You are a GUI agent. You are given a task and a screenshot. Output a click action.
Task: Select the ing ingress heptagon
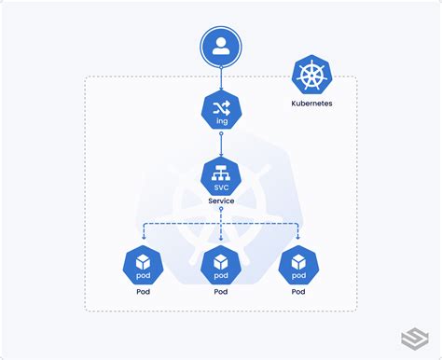[x=221, y=112]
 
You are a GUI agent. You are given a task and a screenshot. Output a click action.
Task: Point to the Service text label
[x=221, y=201]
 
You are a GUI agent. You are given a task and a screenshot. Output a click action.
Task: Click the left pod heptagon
[x=143, y=264]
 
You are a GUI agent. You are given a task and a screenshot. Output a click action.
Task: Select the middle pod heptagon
[x=221, y=264]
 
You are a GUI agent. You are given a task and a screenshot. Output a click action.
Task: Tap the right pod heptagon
[x=298, y=264]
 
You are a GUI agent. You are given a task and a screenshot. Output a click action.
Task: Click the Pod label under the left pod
[x=143, y=292]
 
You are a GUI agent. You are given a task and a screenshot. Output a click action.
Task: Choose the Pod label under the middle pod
[x=221, y=292]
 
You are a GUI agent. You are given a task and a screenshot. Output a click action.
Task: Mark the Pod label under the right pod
[x=298, y=292]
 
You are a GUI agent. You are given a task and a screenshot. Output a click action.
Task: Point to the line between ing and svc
[x=221, y=145]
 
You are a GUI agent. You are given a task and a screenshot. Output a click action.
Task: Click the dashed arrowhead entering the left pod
[x=143, y=239]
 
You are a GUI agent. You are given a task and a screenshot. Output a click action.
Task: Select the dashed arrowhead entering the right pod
[x=298, y=239]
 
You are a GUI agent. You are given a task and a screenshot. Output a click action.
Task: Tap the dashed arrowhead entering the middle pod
[x=221, y=239]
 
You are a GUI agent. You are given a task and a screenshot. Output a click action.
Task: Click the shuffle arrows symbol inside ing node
[x=221, y=107]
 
